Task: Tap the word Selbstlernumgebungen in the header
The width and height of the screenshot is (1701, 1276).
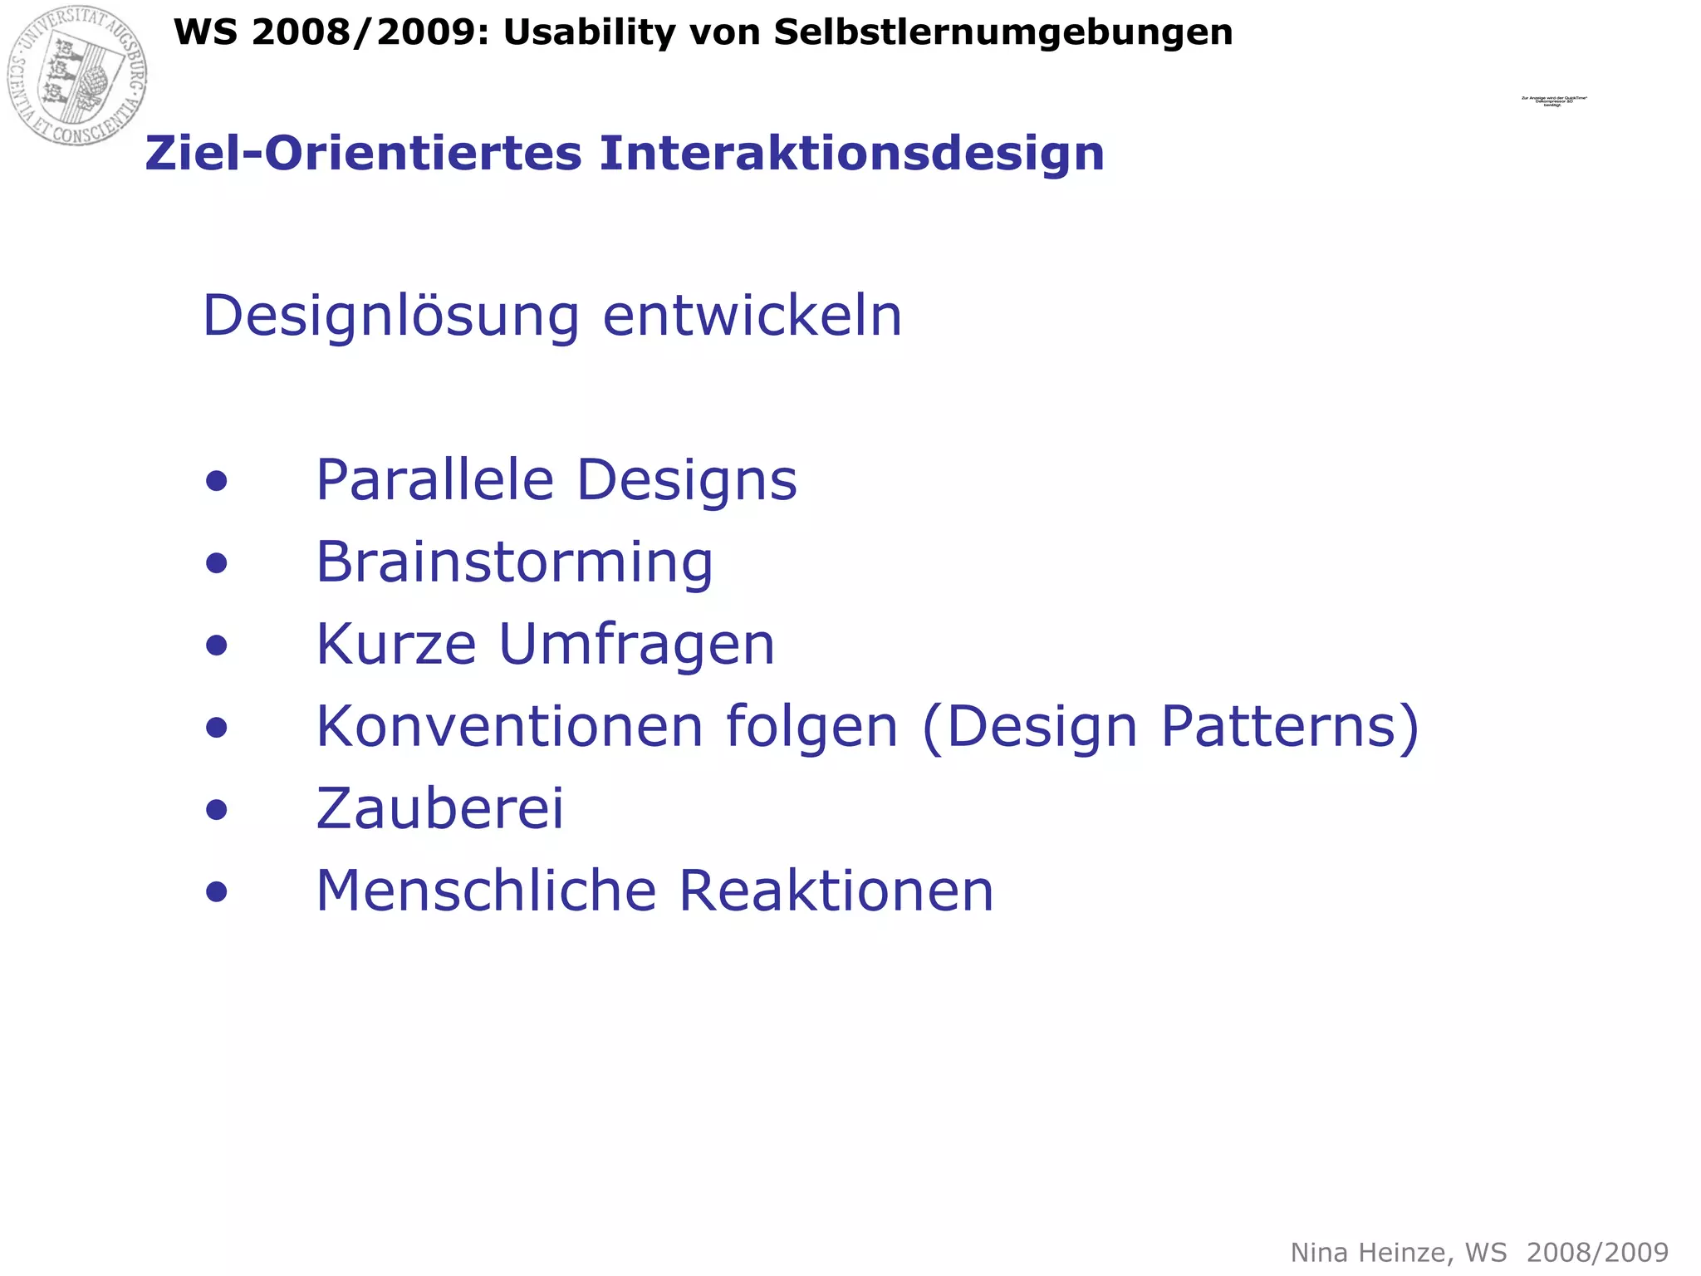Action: click(x=1003, y=33)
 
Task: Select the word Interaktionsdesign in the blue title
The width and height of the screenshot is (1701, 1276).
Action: click(x=852, y=154)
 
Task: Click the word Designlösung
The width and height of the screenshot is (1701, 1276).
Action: click(x=390, y=317)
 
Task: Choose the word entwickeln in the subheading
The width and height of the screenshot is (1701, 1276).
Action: click(x=752, y=316)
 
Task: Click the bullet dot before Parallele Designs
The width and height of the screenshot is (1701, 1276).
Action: click(x=217, y=482)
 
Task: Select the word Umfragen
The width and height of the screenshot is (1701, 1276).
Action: click(x=636, y=645)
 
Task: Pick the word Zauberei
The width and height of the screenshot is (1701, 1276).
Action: click(x=439, y=808)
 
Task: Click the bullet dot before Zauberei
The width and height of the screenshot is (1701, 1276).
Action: click(x=217, y=810)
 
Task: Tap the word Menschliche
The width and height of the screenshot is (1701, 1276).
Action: click(x=487, y=891)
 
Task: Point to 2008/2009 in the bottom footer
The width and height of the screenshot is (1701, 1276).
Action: click(x=1597, y=1253)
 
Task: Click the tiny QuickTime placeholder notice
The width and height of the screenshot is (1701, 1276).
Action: click(x=1553, y=101)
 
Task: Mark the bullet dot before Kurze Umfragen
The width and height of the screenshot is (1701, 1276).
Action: click(x=217, y=645)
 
